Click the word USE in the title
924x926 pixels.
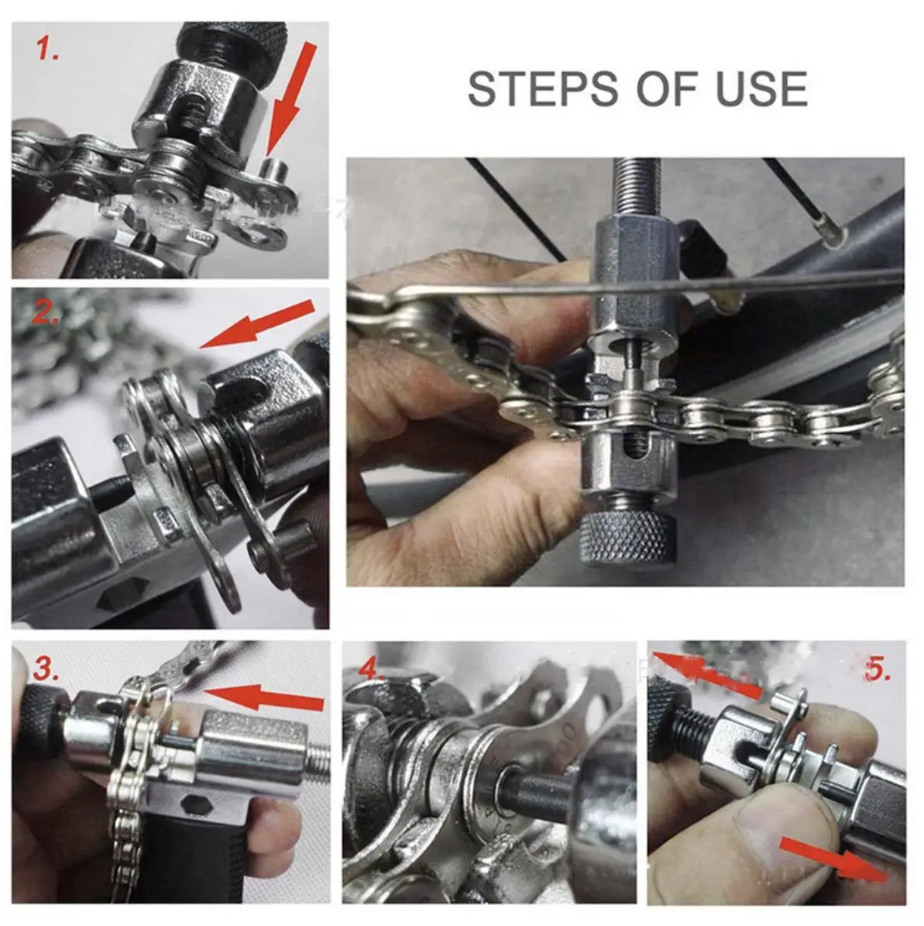(761, 88)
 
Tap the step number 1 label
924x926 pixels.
(47, 48)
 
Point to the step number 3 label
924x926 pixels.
(46, 668)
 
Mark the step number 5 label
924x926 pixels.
(878, 669)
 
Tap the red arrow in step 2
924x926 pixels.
(257, 324)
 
